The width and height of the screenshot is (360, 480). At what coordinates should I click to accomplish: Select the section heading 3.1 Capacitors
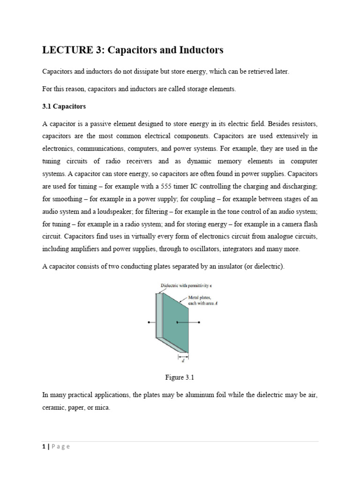click(x=64, y=106)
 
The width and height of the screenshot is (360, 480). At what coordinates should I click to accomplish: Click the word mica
click(x=102, y=408)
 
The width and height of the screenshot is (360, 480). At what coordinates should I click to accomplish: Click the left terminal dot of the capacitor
click(x=149, y=322)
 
